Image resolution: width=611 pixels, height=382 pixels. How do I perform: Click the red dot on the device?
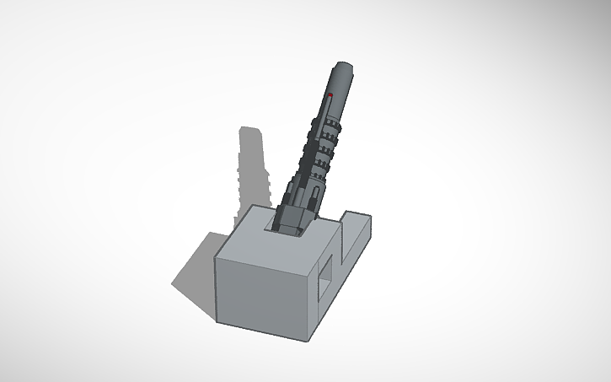coord(330,96)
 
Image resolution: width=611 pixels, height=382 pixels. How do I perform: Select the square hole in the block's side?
coord(324,277)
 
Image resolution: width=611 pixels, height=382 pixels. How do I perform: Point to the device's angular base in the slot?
coord(291,218)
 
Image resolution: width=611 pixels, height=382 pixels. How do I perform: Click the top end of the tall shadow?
coord(249,131)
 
